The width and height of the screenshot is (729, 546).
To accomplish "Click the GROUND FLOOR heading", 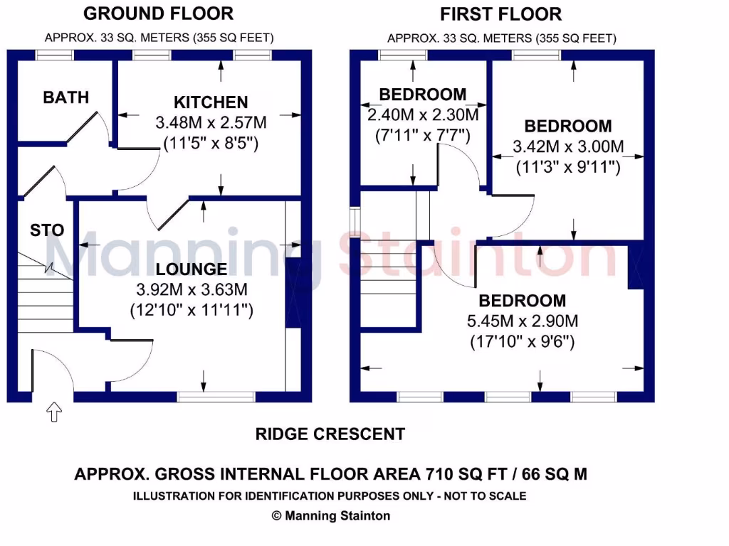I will pyautogui.click(x=158, y=14).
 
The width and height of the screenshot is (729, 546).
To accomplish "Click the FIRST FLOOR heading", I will pyautogui.click(x=500, y=14).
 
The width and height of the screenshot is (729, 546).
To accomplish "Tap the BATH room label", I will pyautogui.click(x=65, y=97).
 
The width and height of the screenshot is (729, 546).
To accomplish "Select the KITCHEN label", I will pyautogui.click(x=211, y=102).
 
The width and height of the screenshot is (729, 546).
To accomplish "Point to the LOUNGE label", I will pyautogui.click(x=192, y=269).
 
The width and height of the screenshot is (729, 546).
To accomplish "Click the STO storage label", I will pyautogui.click(x=47, y=230).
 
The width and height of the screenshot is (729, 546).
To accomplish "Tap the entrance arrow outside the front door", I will pyautogui.click(x=54, y=412).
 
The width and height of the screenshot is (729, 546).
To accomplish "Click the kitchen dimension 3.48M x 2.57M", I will pyautogui.click(x=211, y=123).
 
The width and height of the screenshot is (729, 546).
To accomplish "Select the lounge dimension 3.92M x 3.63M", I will pyautogui.click(x=192, y=289).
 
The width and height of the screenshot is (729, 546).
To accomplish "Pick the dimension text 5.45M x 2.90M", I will pyautogui.click(x=522, y=321).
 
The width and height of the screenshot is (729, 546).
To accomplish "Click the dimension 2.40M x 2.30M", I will pyautogui.click(x=423, y=114).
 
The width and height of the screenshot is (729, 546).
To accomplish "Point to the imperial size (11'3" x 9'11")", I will pyautogui.click(x=568, y=168).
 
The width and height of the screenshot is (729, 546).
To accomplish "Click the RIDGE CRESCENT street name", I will pyautogui.click(x=330, y=434).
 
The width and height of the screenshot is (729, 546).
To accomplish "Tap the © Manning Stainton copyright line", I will pyautogui.click(x=331, y=516).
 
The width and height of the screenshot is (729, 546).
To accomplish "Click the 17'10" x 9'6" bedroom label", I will pyautogui.click(x=522, y=341).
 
